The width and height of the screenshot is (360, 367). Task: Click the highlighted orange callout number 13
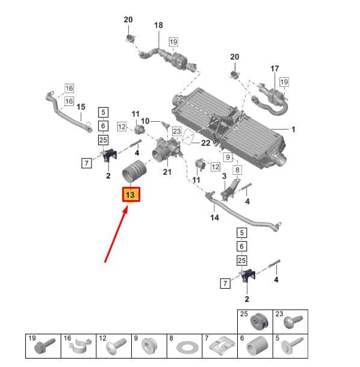click(131, 195)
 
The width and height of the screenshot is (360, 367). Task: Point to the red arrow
click(116, 234)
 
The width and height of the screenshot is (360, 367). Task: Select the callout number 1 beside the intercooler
click(293, 130)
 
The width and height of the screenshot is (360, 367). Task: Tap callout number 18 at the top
click(158, 25)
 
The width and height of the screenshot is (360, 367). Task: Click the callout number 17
click(275, 69)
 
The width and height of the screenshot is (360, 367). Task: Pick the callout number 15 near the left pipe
click(81, 107)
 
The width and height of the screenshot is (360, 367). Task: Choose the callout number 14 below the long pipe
click(214, 218)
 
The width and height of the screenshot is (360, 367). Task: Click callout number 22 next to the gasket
click(205, 143)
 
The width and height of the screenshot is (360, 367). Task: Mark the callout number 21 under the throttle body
click(167, 172)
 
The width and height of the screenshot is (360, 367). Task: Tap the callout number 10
click(145, 121)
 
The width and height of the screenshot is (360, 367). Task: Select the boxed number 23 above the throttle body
click(177, 131)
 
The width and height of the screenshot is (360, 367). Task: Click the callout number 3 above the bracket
click(224, 176)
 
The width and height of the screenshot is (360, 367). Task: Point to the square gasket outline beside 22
click(188, 137)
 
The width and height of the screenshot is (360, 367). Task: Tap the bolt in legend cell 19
click(45, 346)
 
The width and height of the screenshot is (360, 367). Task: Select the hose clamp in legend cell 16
click(79, 346)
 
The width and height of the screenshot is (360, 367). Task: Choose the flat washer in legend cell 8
click(186, 347)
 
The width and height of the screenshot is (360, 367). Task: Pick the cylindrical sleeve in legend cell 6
click(257, 346)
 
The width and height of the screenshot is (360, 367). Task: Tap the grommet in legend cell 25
click(259, 321)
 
